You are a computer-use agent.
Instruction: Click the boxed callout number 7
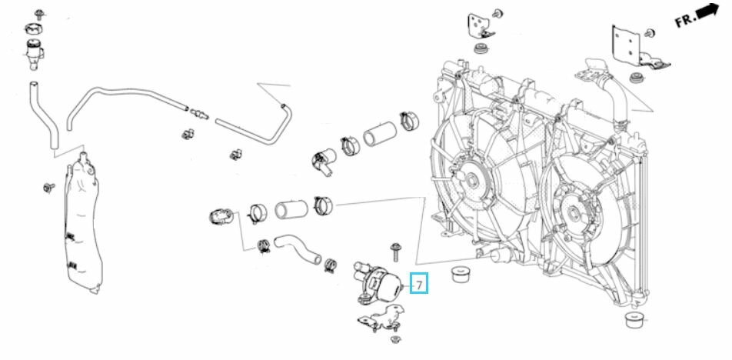tap(418, 285)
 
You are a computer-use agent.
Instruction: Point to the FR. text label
tap(686, 20)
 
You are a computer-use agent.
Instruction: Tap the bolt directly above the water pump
tap(395, 249)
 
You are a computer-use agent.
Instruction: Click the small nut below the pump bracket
tap(395, 339)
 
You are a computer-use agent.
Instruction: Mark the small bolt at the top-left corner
tap(40, 12)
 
